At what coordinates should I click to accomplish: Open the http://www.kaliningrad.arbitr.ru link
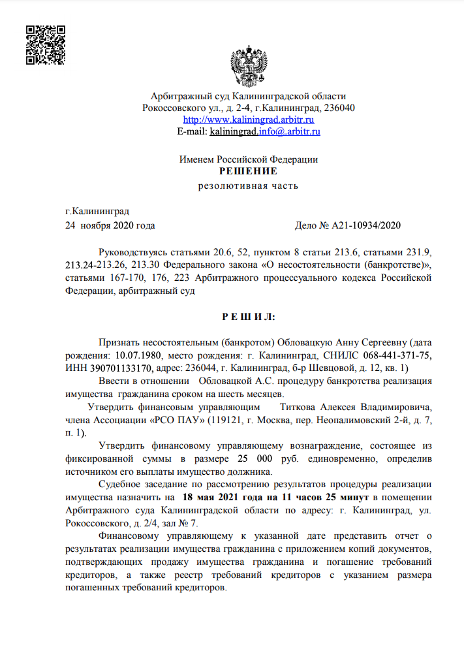tap(249, 120)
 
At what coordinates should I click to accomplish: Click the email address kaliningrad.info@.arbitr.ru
tap(265, 131)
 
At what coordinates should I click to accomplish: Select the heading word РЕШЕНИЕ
tap(248, 171)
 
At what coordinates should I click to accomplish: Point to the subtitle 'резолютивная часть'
tap(248, 185)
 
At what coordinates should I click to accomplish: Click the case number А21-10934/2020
tap(365, 226)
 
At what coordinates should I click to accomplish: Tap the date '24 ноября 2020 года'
tap(109, 226)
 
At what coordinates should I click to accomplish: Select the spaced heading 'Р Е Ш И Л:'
tap(248, 317)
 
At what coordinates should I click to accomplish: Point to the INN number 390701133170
tap(118, 368)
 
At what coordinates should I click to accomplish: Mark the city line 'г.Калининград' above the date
tap(97, 212)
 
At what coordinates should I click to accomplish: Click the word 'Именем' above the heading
tap(194, 159)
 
